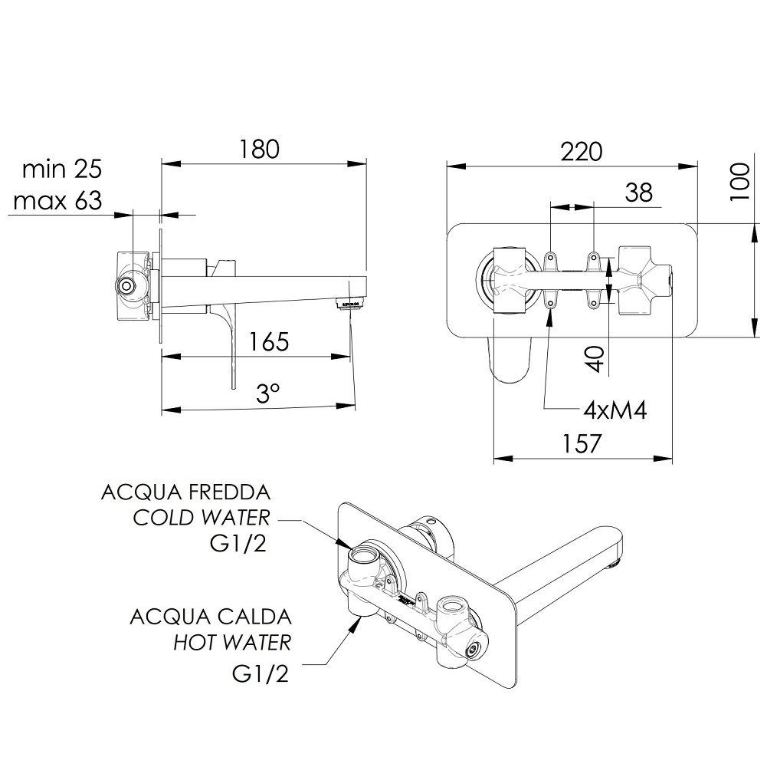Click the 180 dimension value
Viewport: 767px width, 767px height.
259,149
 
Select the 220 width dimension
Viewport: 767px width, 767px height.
581,152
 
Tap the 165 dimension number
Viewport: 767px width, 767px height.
268,341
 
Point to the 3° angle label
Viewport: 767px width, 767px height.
268,393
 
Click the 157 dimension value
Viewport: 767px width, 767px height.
581,444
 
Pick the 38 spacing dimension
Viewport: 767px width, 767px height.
639,193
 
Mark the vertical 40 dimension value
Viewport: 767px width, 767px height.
595,358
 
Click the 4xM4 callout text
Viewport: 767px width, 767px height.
615,410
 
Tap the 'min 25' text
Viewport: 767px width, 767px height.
62,169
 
